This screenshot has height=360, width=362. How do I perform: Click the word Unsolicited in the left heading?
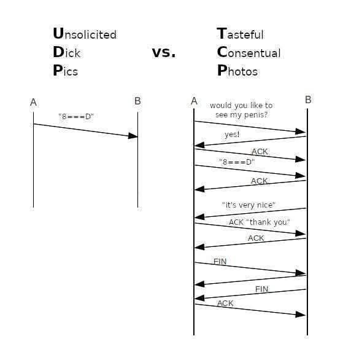84,34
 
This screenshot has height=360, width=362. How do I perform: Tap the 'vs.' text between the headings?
164,52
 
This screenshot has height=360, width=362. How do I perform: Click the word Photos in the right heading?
237,71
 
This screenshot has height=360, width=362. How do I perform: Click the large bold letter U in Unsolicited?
58,33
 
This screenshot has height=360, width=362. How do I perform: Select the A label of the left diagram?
34,103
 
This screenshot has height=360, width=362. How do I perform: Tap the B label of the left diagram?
137,101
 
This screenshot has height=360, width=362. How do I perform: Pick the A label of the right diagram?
194,101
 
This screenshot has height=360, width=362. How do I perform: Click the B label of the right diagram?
308,100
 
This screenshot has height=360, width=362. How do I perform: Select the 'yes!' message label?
232,134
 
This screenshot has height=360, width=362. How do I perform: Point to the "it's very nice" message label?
248,205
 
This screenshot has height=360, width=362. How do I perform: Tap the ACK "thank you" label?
259,222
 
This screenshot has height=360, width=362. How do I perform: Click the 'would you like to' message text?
241,106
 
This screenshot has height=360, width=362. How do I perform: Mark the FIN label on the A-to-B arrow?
220,262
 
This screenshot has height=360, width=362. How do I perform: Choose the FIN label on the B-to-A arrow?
261,289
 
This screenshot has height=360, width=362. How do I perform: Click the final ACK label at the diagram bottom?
225,303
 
